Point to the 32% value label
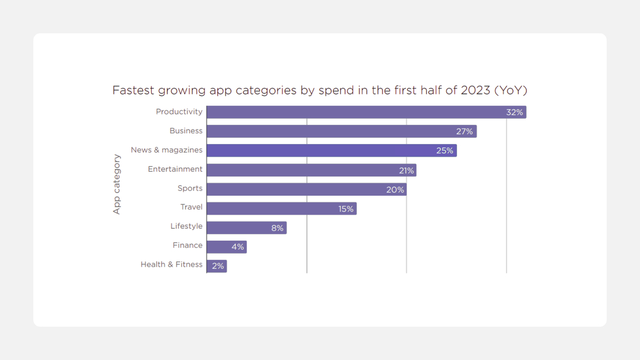(x=515, y=113)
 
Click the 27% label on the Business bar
(x=465, y=132)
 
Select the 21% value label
(x=406, y=171)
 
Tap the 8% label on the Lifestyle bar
(x=277, y=228)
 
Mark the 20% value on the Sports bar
(x=395, y=190)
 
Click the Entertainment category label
(x=175, y=169)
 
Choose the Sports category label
(x=190, y=188)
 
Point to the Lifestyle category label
(x=186, y=226)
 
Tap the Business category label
(x=186, y=131)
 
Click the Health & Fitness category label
(x=171, y=265)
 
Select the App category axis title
(x=117, y=185)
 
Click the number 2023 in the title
(x=476, y=90)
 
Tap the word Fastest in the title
(x=133, y=90)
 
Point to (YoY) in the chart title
(x=511, y=90)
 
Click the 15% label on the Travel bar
(x=346, y=209)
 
